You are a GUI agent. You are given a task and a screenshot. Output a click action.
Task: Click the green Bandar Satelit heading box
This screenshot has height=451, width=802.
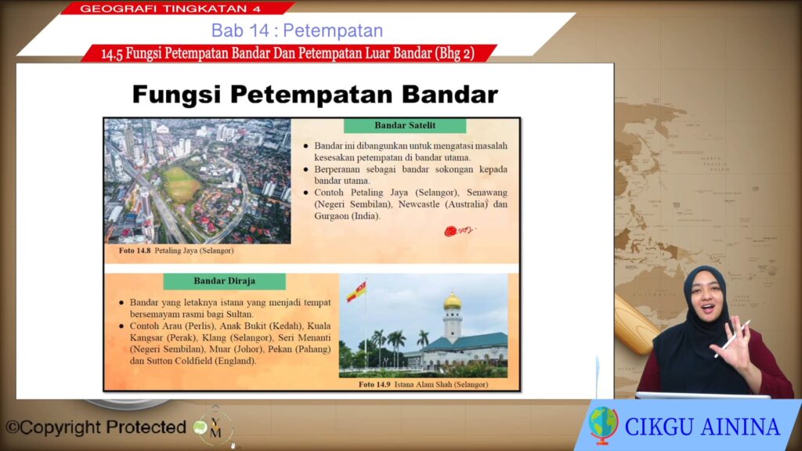pos(405,125)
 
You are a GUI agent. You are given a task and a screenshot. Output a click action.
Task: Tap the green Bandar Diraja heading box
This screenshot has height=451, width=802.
pos(225,281)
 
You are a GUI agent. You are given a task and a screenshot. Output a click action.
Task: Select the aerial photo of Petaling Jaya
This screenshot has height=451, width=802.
pos(197,181)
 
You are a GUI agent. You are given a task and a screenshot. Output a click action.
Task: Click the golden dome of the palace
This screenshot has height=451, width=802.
pos(452,301)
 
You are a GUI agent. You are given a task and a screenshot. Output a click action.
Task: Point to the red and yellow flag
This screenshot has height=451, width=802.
pos(356,291)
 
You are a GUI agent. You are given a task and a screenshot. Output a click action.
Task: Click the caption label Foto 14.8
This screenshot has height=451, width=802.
pos(135,251)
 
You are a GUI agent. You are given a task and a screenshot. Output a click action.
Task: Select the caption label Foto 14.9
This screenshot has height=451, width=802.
pos(374,384)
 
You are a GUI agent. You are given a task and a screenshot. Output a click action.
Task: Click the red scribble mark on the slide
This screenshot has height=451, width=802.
pos(458,231)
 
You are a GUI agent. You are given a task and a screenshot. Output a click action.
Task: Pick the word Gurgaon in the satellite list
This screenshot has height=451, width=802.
pos(331,216)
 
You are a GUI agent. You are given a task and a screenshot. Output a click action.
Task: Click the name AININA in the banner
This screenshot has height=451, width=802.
pos(741,427)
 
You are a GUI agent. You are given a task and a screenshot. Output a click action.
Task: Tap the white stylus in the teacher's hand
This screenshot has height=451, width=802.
pos(732,338)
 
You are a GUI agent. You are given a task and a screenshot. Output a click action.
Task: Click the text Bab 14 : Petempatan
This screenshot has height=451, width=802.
pos(297,31)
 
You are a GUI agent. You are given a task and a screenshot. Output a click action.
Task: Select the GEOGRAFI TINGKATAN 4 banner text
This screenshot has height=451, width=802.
pos(170,9)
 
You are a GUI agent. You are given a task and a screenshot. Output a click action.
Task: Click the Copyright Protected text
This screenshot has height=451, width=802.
pos(96,427)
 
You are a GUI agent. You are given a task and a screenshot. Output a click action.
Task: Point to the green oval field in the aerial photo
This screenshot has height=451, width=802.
pos(182,184)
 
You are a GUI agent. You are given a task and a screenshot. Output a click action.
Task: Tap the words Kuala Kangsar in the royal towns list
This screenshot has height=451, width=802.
pos(230,332)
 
